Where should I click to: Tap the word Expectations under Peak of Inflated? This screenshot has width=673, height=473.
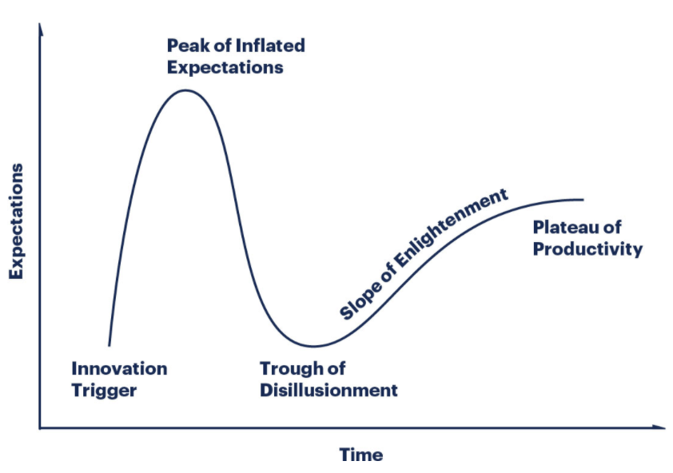(225, 67)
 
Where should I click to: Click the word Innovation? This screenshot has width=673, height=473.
(119, 369)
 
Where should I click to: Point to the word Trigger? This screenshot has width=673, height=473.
(104, 391)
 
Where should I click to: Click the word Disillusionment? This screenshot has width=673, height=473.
(329, 391)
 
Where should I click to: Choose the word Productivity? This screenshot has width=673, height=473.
(587, 249)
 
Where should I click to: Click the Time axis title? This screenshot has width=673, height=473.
(361, 455)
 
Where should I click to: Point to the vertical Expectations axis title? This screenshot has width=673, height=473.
(17, 221)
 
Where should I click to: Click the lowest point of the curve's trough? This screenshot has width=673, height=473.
(313, 347)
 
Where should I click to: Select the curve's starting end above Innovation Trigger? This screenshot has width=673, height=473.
(109, 344)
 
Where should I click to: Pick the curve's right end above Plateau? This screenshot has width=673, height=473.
(583, 199)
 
